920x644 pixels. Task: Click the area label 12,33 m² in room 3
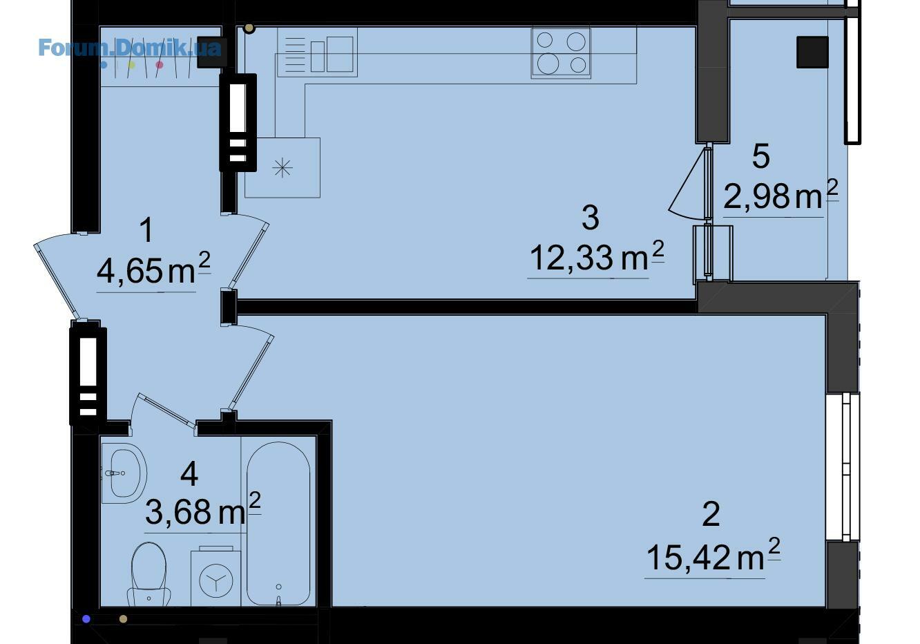click(x=596, y=256)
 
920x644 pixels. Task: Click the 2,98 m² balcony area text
click(x=780, y=195)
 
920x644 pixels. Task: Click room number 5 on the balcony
click(x=760, y=156)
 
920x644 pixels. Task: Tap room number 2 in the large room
click(x=711, y=513)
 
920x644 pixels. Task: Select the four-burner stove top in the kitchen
click(x=561, y=53)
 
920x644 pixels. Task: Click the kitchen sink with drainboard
click(x=317, y=53)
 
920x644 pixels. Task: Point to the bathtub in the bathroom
click(x=278, y=523)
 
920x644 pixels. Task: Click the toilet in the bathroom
click(x=148, y=574)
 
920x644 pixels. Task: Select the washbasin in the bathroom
click(x=124, y=473)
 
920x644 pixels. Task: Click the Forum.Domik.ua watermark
click(x=130, y=48)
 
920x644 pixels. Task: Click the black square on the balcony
click(x=812, y=53)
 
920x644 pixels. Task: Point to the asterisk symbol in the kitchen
click(x=282, y=168)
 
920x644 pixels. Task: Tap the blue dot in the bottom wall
click(x=86, y=619)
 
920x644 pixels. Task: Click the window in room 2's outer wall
click(x=843, y=467)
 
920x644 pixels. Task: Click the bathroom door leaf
click(x=168, y=411)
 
